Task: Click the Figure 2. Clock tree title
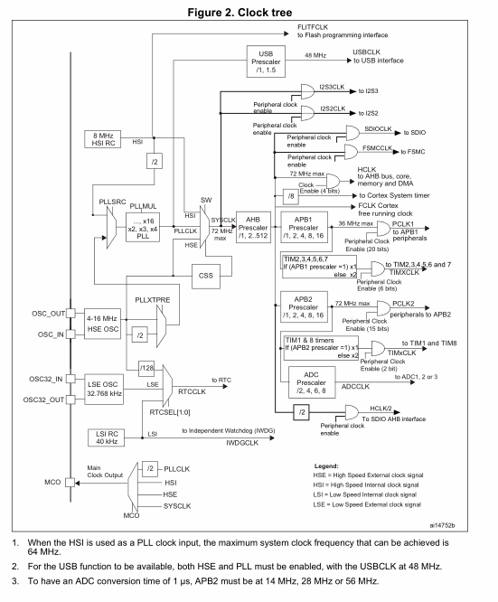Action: (x=248, y=9)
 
